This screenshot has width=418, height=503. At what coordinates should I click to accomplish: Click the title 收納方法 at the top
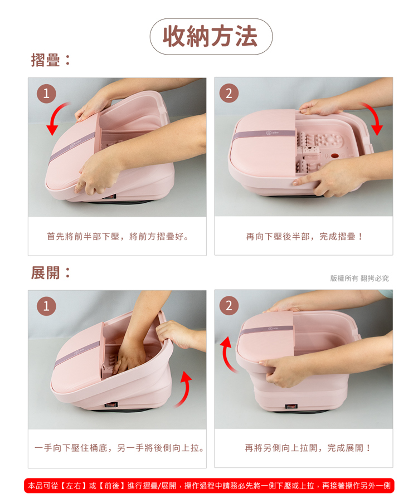pyautogui.click(x=210, y=36)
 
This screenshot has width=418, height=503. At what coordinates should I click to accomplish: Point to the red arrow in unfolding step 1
pyautogui.click(x=182, y=389)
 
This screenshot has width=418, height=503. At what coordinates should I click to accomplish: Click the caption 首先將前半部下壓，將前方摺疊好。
pyautogui.click(x=117, y=237)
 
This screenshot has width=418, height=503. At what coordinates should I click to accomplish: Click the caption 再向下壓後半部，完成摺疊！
pyautogui.click(x=304, y=237)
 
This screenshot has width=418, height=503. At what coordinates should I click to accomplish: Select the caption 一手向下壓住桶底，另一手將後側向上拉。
pyautogui.click(x=118, y=448)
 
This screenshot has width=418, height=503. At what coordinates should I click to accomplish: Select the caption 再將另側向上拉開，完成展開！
pyautogui.click(x=304, y=448)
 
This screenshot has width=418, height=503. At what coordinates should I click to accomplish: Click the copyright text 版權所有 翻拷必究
pyautogui.click(x=359, y=278)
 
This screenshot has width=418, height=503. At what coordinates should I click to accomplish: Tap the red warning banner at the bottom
pyautogui.click(x=209, y=485)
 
